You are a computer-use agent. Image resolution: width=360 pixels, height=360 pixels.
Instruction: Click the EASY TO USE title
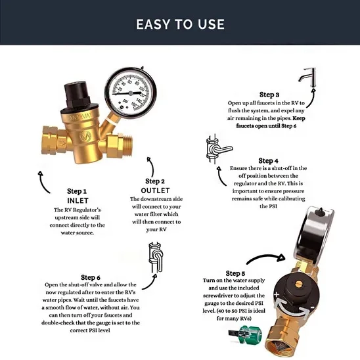click(x=180, y=24)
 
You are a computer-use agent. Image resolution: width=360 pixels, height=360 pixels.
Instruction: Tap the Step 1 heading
click(x=77, y=191)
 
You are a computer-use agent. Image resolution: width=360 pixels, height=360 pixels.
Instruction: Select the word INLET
click(x=78, y=200)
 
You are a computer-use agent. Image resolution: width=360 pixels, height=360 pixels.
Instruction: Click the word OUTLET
click(x=155, y=191)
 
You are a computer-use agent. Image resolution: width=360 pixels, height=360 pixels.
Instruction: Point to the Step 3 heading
click(x=269, y=95)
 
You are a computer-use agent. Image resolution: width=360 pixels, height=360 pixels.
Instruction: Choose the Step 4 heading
click(x=268, y=160)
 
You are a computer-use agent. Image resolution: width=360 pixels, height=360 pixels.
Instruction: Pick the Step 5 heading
click(x=235, y=273)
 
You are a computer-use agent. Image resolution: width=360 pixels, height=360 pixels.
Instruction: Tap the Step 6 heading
click(x=91, y=277)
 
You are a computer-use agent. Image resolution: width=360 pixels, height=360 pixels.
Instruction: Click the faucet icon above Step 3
click(x=308, y=77)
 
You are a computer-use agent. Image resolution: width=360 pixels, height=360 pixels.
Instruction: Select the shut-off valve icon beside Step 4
click(x=217, y=148)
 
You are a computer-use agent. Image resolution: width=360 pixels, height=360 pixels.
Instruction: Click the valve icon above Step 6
click(x=156, y=257)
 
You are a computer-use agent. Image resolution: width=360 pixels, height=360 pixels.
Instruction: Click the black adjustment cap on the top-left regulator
click(x=77, y=95)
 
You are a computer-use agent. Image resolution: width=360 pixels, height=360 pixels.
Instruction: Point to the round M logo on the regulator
click(x=85, y=137)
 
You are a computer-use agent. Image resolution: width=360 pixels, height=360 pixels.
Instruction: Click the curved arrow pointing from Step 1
click(x=43, y=181)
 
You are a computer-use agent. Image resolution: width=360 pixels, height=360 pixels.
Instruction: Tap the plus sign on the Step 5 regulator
click(x=277, y=294)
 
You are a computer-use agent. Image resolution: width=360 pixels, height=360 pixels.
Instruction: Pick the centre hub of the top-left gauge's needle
click(x=131, y=93)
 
